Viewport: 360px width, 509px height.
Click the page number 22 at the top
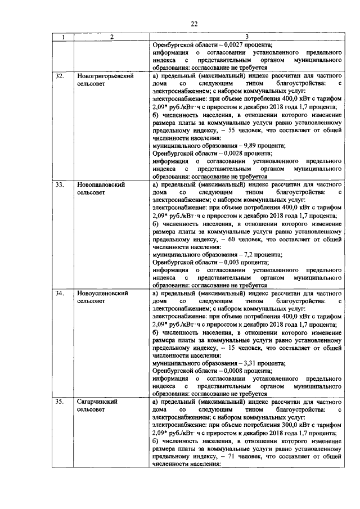(x=194, y=23)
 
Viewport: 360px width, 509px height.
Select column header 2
(x=111, y=38)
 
